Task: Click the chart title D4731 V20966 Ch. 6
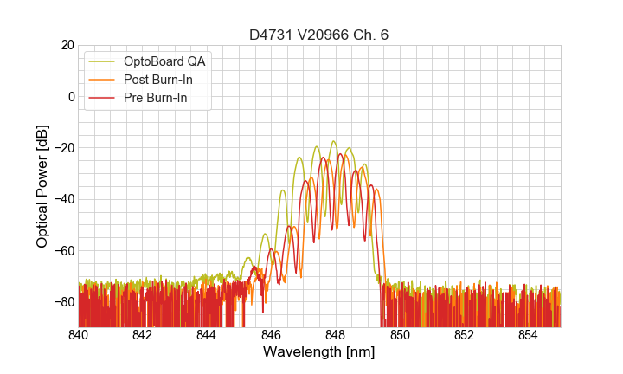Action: [x=318, y=35]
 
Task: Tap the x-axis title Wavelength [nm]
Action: [x=318, y=352]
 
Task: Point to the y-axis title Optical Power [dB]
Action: [x=42, y=186]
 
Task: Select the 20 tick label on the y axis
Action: [x=67, y=45]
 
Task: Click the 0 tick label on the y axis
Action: [x=70, y=96]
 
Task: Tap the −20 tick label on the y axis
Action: [x=62, y=148]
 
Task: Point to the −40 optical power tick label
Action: [x=62, y=199]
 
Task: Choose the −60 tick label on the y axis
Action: [x=62, y=250]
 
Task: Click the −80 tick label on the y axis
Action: [x=62, y=302]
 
